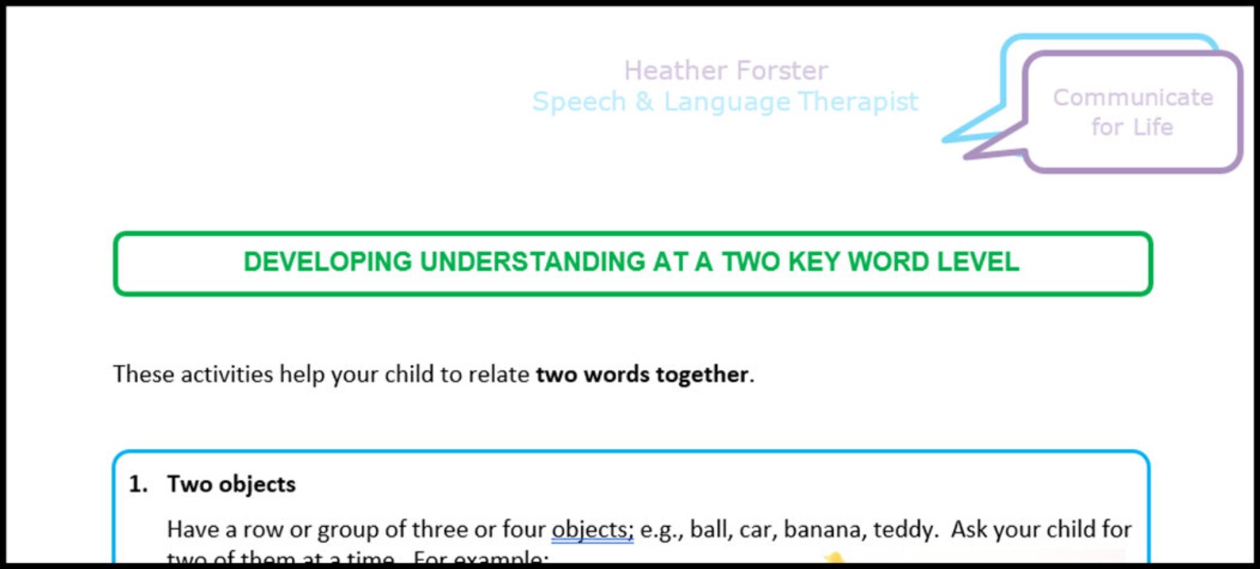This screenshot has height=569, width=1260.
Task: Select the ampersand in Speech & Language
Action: pos(644,102)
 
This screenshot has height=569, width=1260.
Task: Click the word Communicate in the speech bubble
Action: pos(1132,98)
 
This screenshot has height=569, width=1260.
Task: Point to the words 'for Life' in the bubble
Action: pos(1131,127)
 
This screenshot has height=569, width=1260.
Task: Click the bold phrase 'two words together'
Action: pos(642,374)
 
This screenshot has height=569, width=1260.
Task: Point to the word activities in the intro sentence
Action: pos(227,374)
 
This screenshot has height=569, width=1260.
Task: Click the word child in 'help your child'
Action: pos(409,374)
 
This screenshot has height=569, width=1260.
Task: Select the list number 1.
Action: pos(138,484)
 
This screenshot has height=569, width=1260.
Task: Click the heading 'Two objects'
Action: pos(231,484)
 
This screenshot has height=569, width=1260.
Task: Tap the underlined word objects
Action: pos(591,529)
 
